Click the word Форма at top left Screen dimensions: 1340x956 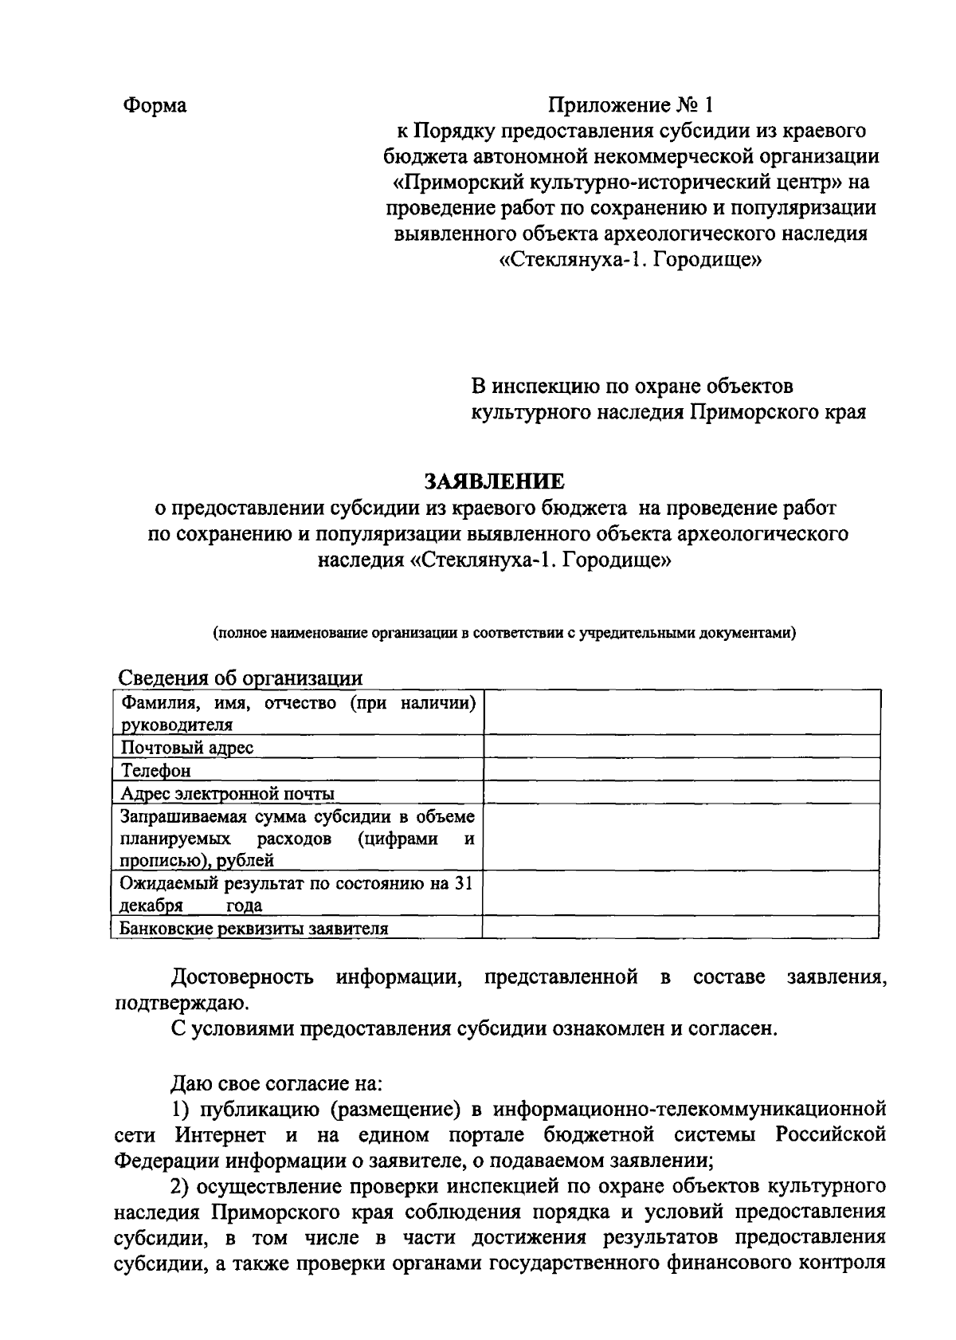155,105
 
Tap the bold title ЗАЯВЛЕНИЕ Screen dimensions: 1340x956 494,481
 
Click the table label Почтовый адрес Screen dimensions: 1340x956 187,747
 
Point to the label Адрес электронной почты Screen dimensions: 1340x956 227,793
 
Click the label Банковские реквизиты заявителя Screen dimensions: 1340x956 253,928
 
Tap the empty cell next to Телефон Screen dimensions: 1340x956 681,769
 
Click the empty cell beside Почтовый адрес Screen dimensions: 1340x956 681,746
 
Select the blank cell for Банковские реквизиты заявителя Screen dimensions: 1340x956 681,927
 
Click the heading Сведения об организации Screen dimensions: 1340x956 240,678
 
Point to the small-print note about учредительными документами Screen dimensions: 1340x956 503,634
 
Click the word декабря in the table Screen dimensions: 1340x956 151,906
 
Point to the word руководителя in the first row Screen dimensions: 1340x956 176,725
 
